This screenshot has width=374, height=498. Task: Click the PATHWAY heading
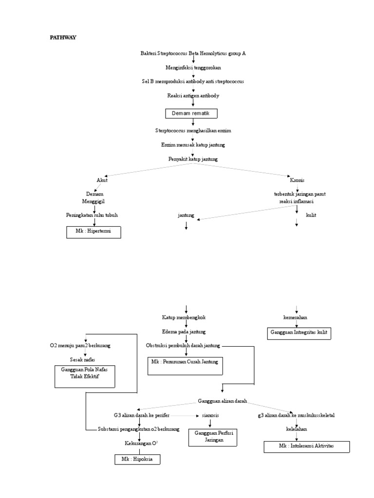63,37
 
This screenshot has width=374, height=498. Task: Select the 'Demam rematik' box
191,113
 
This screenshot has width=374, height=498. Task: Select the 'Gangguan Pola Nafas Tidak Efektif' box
85,376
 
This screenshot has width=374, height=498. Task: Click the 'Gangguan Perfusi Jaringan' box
213,436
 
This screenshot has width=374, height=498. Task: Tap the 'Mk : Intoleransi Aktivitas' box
306,446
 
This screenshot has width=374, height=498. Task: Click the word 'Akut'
102,180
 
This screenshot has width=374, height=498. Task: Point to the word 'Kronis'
297,180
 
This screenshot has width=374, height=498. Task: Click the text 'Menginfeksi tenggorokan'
193,68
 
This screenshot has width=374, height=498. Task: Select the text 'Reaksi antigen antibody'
193,96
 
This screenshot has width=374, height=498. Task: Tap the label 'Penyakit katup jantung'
193,159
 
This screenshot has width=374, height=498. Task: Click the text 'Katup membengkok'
184,317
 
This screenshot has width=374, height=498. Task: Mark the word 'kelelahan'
296,429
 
